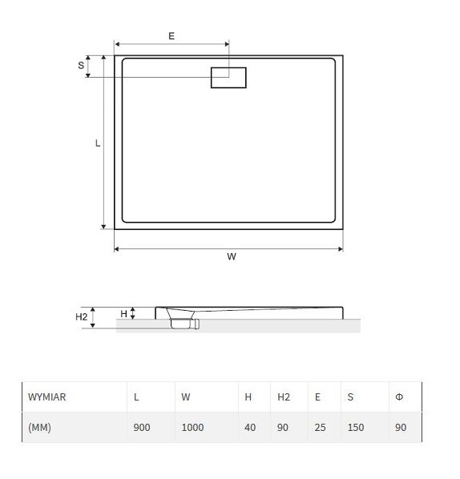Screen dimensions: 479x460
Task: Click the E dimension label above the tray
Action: pos(171,37)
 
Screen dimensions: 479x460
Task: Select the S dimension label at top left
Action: pos(81,66)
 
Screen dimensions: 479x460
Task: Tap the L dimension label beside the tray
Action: pos(98,143)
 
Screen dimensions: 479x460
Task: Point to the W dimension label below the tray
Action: pos(231,257)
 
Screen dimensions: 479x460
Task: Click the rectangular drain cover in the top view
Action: pos(228,78)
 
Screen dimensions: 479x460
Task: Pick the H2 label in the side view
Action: pos(81,317)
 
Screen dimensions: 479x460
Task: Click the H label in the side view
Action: pos(123,313)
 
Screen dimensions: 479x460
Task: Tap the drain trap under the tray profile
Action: pos(183,322)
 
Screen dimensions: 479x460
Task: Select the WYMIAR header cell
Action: pos(47,396)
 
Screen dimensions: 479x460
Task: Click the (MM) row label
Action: pos(39,428)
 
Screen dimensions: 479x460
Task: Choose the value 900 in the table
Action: pos(141,428)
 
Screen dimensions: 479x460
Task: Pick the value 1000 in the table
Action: pos(192,428)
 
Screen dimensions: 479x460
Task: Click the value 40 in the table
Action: pos(250,428)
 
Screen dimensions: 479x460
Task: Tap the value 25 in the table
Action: pos(321,428)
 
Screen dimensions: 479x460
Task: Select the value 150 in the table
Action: pos(356,428)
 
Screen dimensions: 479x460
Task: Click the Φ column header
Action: pos(399,396)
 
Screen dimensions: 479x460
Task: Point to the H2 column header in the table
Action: pos(283,396)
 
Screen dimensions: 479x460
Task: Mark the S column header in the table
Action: pos(350,396)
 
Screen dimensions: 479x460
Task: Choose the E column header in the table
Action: pos(318,396)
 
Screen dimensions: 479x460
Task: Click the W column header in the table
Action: pos(185,396)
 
